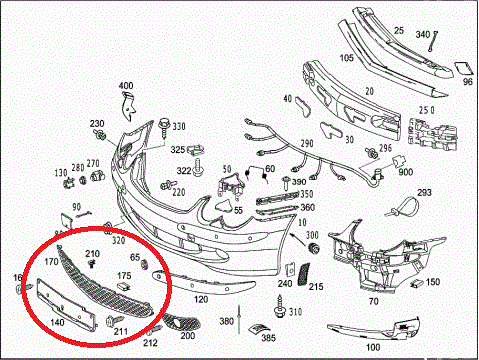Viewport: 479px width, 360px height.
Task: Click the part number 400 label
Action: [126, 86]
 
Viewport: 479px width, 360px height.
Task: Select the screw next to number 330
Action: [164, 128]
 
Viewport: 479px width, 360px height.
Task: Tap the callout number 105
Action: [347, 58]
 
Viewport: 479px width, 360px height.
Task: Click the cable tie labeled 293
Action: [403, 206]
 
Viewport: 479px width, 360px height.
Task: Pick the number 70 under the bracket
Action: [374, 301]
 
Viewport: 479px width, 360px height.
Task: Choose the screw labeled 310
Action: [280, 306]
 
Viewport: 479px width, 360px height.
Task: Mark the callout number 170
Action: [51, 262]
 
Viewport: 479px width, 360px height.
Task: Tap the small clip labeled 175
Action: [124, 286]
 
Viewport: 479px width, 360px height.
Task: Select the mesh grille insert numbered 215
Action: [304, 274]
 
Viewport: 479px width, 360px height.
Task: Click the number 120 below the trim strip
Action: [201, 299]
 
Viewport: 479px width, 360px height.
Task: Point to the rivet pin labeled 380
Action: [239, 319]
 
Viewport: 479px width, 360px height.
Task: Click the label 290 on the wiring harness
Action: [307, 144]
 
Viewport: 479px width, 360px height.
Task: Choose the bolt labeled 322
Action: [199, 168]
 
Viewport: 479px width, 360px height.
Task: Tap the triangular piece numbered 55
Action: [224, 205]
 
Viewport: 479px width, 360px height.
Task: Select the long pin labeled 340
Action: [433, 41]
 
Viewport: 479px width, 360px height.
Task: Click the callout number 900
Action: [405, 172]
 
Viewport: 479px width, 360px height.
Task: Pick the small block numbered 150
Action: [416, 283]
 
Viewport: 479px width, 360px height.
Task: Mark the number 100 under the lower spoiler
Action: [373, 347]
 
